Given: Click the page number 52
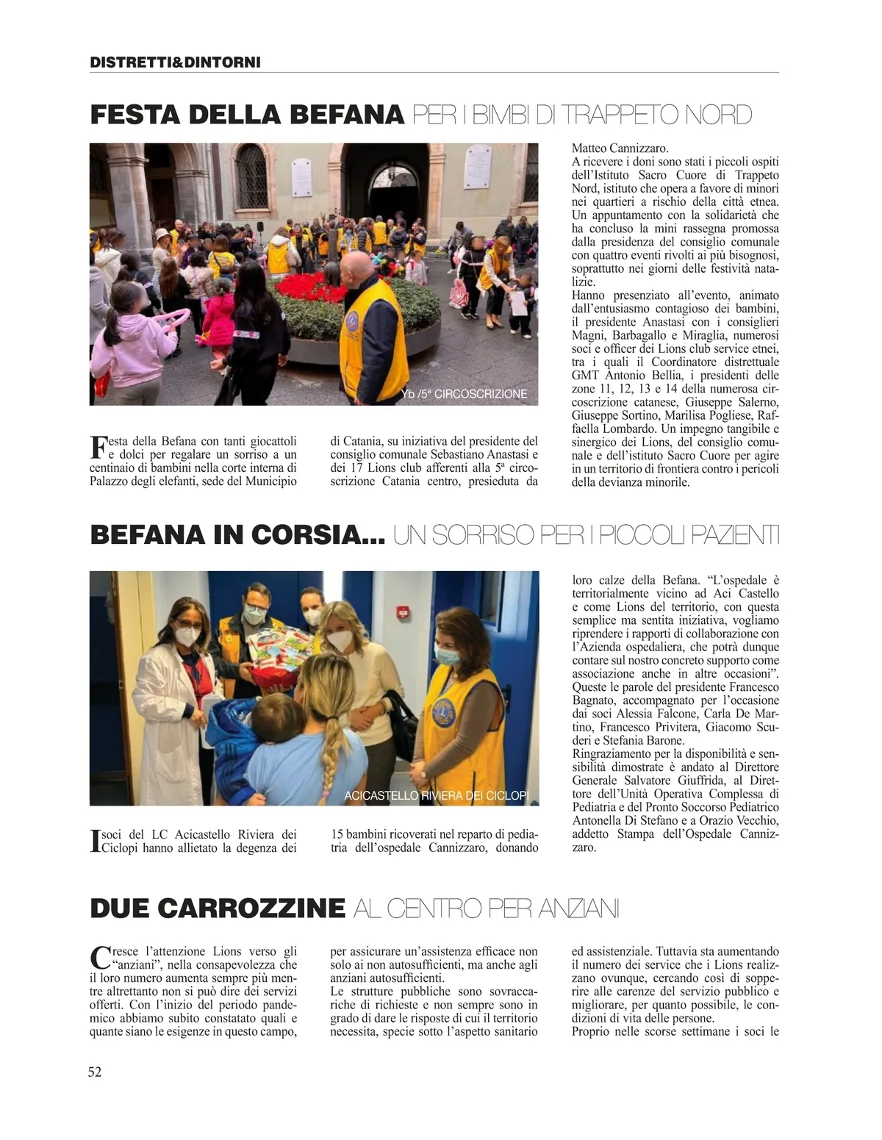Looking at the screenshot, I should pyautogui.click(x=95, y=1072).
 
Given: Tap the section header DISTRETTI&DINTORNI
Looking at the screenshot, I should pyautogui.click(x=175, y=62).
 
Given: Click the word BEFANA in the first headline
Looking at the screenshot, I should pyautogui.click(x=347, y=115).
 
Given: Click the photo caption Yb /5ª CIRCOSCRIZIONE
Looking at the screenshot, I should pyautogui.click(x=465, y=394).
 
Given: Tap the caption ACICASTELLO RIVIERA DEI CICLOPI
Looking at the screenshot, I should pyautogui.click(x=437, y=795).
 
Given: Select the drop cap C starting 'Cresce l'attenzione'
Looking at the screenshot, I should pyautogui.click(x=98, y=958).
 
